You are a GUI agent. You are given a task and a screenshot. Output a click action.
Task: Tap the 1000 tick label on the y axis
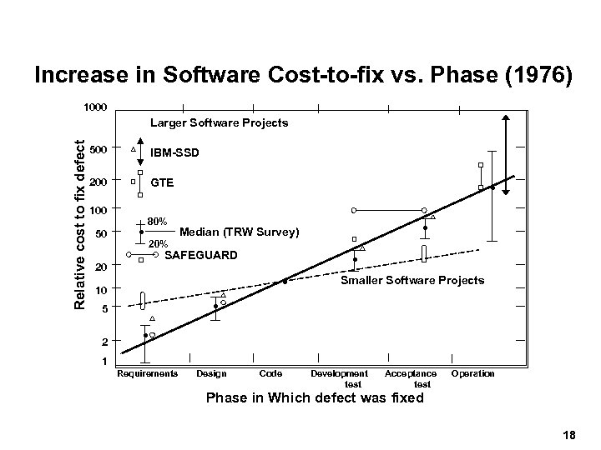tap(94, 107)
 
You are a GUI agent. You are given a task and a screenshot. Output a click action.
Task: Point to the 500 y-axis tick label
tap(98, 150)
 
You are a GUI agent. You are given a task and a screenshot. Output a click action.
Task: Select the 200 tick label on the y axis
tap(98, 181)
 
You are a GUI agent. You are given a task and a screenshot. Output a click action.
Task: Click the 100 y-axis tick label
tap(98, 208)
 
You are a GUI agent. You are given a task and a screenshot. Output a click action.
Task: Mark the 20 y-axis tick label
tap(101, 267)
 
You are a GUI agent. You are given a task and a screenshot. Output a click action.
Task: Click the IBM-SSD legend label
tap(175, 153)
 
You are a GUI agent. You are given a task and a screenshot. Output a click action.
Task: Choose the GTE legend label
tap(163, 182)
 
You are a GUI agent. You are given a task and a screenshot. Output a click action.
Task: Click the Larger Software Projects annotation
tap(219, 122)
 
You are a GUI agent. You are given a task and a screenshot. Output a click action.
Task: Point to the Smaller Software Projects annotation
tap(412, 280)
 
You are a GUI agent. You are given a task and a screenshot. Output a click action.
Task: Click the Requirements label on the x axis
tap(148, 373)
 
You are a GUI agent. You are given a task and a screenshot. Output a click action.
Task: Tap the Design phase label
tap(210, 373)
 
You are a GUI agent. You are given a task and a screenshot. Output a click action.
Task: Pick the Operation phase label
tap(472, 373)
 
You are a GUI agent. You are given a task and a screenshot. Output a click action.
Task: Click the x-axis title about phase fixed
tap(315, 398)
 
